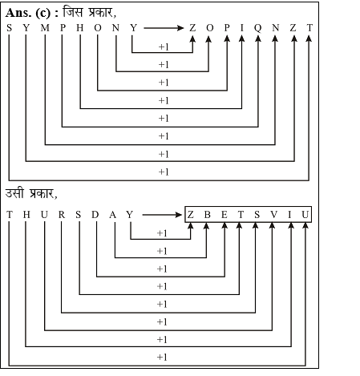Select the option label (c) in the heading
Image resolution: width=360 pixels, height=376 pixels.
pyautogui.click(x=43, y=13)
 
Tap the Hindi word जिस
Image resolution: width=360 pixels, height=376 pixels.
pyautogui.click(x=72, y=12)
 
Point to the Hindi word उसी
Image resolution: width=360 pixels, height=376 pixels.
pyautogui.click(x=14, y=193)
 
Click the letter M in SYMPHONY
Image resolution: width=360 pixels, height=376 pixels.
pyautogui.click(x=45, y=27)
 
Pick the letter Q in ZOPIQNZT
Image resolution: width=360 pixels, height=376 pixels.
pyautogui.click(x=258, y=28)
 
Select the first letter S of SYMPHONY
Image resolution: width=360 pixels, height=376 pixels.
pyautogui.click(x=9, y=27)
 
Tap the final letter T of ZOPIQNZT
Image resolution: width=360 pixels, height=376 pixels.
pyautogui.click(x=309, y=27)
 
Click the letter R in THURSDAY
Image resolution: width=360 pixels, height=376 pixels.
pyautogui.click(x=62, y=214)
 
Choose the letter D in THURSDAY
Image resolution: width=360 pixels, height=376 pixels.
pyautogui.click(x=95, y=214)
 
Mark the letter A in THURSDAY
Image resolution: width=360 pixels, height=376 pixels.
pyautogui.click(x=113, y=214)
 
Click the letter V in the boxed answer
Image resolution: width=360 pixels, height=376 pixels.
pyautogui.click(x=273, y=214)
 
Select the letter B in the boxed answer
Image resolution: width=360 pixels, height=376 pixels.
pyautogui.click(x=208, y=214)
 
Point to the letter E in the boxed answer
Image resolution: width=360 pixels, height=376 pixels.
pyautogui.click(x=224, y=214)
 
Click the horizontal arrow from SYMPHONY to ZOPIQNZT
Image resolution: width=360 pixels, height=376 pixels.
pyautogui.click(x=164, y=28)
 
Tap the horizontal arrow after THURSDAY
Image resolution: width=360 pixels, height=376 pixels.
pyautogui.click(x=162, y=215)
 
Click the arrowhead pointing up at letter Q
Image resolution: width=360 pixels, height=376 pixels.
pyautogui.click(x=258, y=38)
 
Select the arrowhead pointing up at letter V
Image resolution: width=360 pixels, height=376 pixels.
pyautogui.click(x=272, y=225)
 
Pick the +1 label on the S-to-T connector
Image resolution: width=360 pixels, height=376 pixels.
pyautogui.click(x=164, y=172)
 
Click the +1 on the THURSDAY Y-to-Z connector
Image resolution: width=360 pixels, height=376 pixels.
pyautogui.click(x=162, y=233)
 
